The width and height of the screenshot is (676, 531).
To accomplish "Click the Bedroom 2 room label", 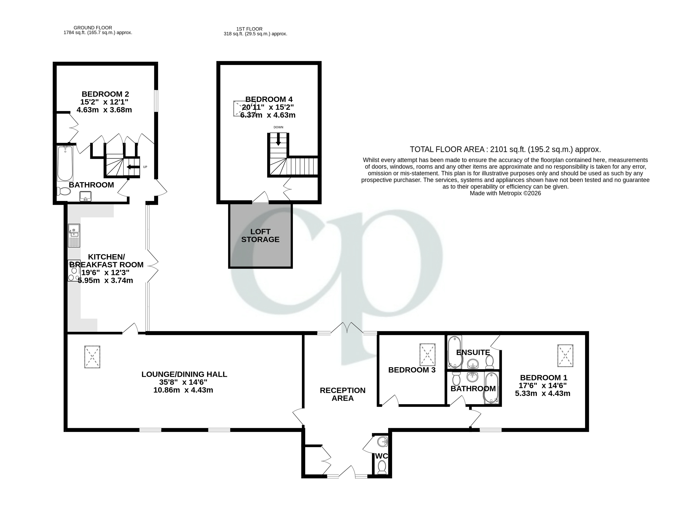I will [105, 94].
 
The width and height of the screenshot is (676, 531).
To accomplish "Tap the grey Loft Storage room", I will [260, 235].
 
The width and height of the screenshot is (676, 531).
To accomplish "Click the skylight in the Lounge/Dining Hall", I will [92, 357].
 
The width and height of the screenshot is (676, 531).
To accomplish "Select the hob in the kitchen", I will [74, 271].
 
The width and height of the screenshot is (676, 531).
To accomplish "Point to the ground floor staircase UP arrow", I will [133, 167].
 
